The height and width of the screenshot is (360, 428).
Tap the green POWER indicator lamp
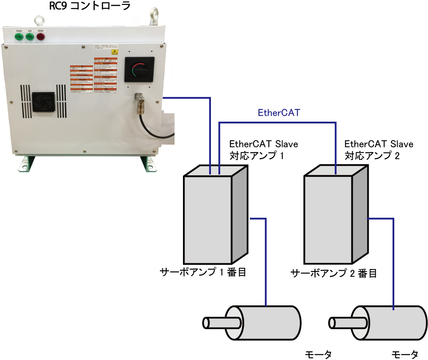[x=19, y=37]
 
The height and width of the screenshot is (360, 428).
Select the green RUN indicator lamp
[x=30, y=37]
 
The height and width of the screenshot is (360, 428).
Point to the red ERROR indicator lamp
[x=41, y=37]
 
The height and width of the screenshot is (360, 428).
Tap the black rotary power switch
[x=139, y=70]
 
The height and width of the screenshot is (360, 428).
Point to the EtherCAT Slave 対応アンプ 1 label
[x=263, y=150]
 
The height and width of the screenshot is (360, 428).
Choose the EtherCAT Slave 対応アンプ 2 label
[x=379, y=150]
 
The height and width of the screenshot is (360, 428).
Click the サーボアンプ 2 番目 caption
[x=333, y=273]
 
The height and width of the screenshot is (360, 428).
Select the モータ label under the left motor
[x=318, y=354]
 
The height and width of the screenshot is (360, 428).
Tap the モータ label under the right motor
[x=405, y=354]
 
